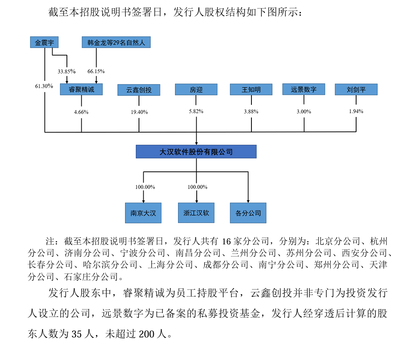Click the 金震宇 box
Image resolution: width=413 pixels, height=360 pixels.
coord(44,43)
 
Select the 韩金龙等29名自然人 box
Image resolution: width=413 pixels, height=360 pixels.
coord(116,43)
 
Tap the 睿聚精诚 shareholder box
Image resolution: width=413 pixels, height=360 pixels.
coord(81,90)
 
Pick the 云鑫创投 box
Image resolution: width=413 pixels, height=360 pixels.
coord(139,90)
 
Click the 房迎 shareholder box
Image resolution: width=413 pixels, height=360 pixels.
coord(196,90)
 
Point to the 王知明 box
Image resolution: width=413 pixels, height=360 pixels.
coord(251,90)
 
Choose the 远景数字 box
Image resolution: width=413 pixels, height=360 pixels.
coord(304,89)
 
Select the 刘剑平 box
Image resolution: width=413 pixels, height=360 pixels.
coord(356,90)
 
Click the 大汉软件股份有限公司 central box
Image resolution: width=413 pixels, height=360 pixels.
coord(196,152)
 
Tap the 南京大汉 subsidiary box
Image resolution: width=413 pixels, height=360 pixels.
coord(143,213)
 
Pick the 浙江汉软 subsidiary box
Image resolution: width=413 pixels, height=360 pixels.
coord(196,213)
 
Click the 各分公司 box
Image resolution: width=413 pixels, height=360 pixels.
coord(248,213)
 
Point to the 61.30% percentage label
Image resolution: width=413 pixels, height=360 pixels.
coord(44,86)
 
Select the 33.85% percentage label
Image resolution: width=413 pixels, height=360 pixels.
coord(67,71)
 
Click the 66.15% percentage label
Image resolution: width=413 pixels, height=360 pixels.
coord(96,71)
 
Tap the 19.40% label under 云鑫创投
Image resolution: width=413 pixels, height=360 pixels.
coord(139,112)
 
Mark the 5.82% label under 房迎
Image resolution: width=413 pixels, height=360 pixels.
coord(196,111)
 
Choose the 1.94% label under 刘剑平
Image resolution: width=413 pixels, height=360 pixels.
coord(356,111)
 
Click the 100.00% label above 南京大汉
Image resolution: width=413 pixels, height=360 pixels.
coord(145,187)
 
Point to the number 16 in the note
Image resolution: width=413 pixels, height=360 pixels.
coord(228,241)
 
